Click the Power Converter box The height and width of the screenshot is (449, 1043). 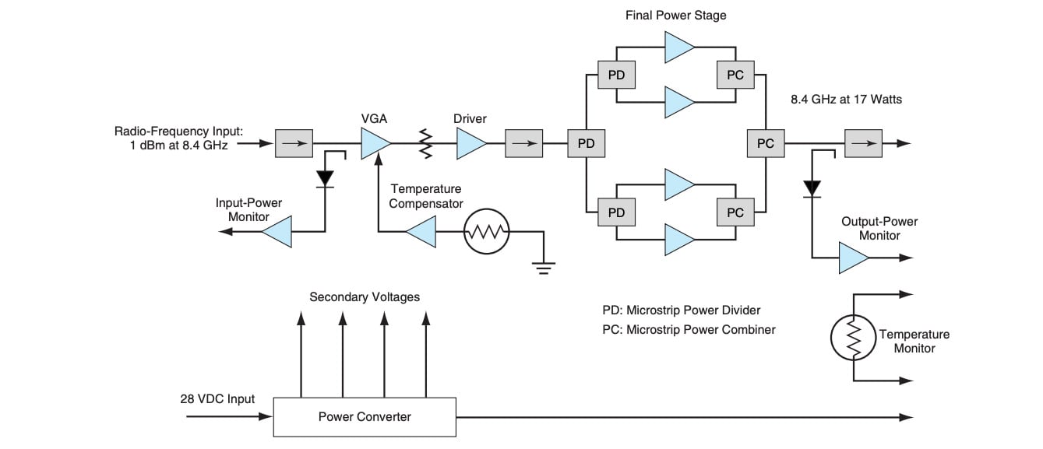click(x=365, y=416)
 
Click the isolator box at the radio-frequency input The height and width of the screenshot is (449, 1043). click(x=294, y=144)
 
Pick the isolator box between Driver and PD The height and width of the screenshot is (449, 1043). click(x=524, y=144)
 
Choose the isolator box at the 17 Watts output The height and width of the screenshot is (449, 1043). click(x=864, y=144)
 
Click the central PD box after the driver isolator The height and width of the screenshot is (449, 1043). click(x=586, y=144)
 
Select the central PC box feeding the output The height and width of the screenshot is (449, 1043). click(x=766, y=144)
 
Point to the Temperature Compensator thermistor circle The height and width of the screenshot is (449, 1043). click(x=486, y=231)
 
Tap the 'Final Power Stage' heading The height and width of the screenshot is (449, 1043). click(x=676, y=15)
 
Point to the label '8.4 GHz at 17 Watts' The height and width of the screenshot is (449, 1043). click(x=845, y=100)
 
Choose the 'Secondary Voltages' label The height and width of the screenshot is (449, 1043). click(x=365, y=296)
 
